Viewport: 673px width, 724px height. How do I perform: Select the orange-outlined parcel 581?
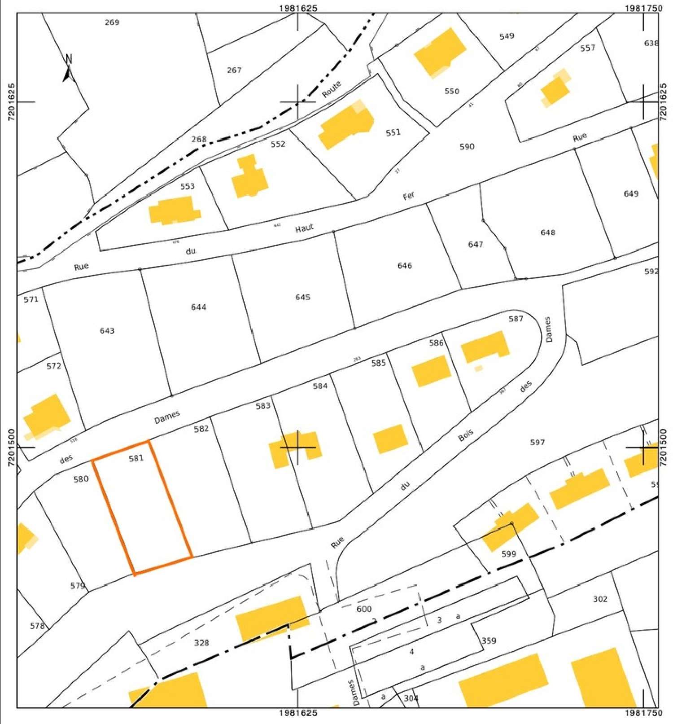[x=142, y=507]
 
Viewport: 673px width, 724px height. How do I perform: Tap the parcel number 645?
[x=303, y=297]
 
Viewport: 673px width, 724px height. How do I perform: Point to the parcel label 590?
[x=467, y=146]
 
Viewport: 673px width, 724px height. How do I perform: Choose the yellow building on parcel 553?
[x=175, y=211]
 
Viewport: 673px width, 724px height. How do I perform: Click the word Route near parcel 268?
[x=332, y=89]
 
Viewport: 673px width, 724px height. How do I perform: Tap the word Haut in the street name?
[x=304, y=228]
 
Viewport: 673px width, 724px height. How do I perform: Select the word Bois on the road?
[x=466, y=435]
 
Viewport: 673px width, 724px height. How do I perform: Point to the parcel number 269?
[x=112, y=22]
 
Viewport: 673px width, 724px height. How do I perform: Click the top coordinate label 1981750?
[x=643, y=8]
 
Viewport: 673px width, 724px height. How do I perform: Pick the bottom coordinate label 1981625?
[x=298, y=713]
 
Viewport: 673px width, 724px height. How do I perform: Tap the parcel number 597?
[x=537, y=442]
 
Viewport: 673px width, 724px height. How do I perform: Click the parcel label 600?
[x=364, y=609]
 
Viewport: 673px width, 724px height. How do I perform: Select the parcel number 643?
[x=107, y=331]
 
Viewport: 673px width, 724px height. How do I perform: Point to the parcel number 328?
[x=202, y=643]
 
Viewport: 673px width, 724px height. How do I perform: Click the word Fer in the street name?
[x=409, y=196]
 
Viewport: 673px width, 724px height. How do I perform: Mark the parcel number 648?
[x=548, y=232]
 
